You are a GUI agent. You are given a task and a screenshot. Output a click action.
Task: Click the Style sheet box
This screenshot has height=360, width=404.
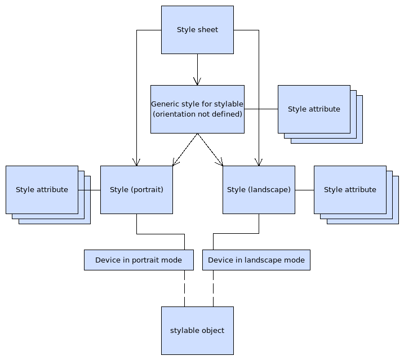point(197,30)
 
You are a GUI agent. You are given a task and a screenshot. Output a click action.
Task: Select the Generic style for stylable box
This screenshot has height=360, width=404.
point(197,109)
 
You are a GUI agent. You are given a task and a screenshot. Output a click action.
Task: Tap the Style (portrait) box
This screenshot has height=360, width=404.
point(136,190)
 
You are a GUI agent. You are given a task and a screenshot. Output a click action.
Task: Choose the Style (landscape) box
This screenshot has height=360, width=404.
point(259,190)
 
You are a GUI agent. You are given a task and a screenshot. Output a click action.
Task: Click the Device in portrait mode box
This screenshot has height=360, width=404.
point(139,260)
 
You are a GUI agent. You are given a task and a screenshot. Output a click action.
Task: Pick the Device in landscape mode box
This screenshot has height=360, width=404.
point(256,260)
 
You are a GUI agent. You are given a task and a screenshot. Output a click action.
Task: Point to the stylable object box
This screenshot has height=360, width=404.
point(197,331)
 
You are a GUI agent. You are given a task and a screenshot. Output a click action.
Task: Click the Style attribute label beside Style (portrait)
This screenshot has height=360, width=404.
point(42,190)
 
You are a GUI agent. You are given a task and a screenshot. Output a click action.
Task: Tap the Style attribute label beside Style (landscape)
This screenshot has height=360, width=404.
point(350,190)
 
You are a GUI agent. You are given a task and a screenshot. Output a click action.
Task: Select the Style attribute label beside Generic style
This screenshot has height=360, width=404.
point(314,109)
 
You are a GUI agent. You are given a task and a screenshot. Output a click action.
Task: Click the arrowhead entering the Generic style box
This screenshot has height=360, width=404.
point(197,81)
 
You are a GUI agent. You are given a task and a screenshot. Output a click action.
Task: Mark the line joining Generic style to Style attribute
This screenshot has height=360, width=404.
point(261,109)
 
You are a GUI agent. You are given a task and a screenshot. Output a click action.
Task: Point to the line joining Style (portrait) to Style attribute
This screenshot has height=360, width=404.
point(89,190)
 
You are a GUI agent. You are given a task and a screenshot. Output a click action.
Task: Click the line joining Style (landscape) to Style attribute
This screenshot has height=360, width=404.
point(304,190)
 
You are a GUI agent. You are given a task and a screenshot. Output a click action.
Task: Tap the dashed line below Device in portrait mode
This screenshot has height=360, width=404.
point(184,288)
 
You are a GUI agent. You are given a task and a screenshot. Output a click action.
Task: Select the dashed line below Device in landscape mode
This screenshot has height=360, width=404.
point(213,288)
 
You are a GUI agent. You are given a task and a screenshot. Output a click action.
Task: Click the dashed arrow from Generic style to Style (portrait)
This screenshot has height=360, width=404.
point(184,150)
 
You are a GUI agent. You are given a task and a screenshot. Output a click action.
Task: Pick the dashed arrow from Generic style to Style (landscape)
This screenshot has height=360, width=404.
point(210,150)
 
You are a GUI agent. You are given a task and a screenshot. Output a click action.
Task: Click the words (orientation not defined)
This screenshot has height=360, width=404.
point(197,114)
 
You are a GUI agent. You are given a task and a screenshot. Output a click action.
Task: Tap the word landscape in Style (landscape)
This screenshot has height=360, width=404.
point(269,190)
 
